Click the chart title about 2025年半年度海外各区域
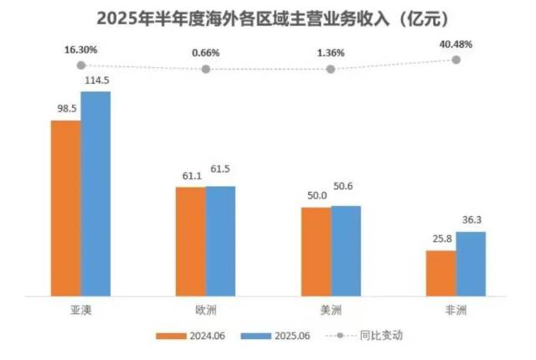[x=268, y=17]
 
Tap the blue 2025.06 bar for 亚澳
[x=95, y=193]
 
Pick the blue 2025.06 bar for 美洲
[x=345, y=250]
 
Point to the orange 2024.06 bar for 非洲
[x=441, y=273]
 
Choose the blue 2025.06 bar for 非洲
[x=471, y=264]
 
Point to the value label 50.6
[x=347, y=195]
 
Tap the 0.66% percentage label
[x=205, y=53]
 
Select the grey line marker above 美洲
[x=331, y=69]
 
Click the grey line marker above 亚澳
[x=81, y=64]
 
